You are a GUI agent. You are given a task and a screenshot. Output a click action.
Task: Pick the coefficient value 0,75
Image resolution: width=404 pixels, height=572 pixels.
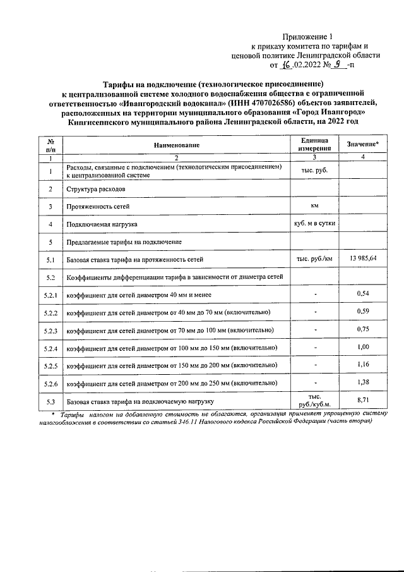[x=362, y=329]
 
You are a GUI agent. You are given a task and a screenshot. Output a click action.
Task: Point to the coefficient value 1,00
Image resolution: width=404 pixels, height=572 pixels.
[x=362, y=346]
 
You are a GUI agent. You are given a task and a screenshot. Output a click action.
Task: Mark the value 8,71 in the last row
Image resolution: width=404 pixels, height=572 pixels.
[x=362, y=400]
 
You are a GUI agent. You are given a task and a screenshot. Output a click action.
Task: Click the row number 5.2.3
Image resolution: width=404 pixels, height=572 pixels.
[x=50, y=331]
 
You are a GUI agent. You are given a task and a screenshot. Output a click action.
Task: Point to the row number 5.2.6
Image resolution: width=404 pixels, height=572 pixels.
[x=50, y=384]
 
